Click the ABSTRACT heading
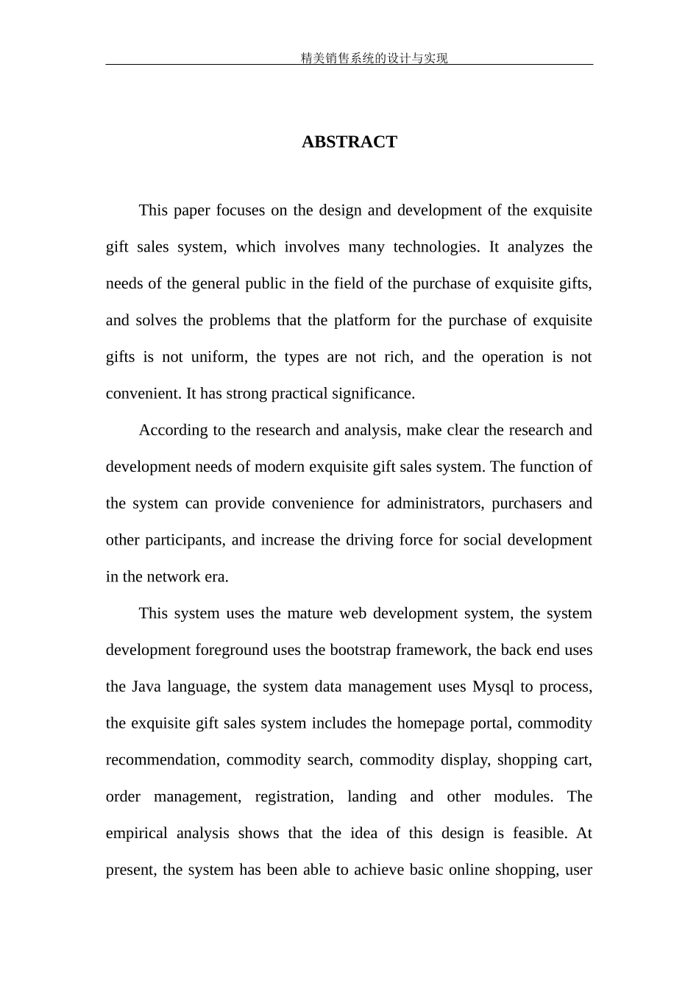pyautogui.click(x=349, y=142)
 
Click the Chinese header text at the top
pyautogui.click(x=374, y=58)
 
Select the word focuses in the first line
pyautogui.click(x=241, y=210)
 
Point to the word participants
pyautogui.click(x=184, y=540)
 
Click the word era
pyautogui.click(x=216, y=577)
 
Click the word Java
pyautogui.click(x=146, y=687)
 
